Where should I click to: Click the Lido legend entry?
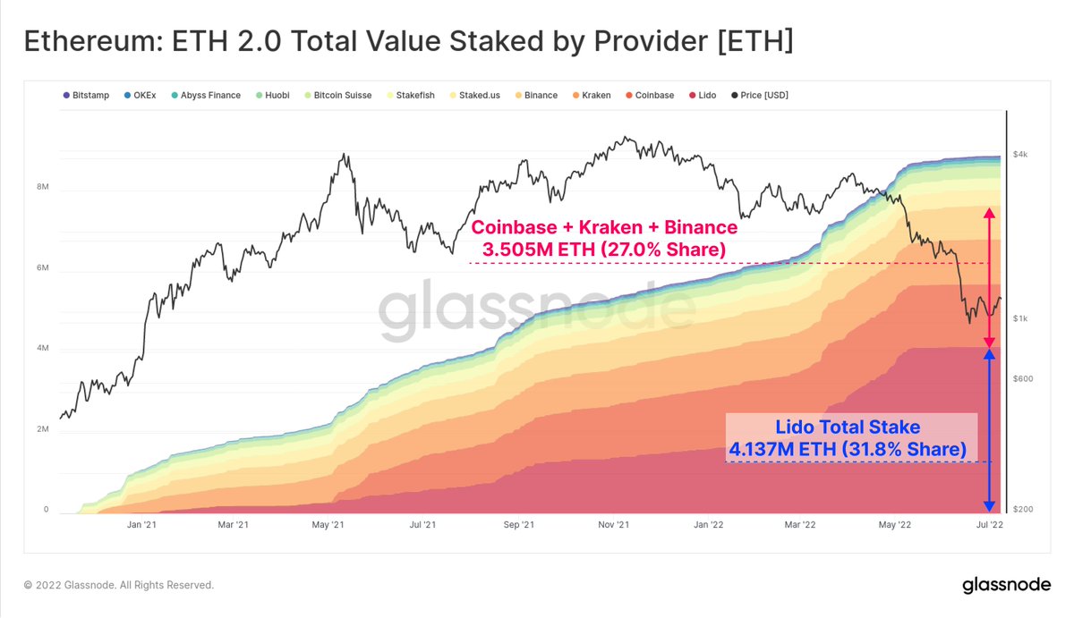(x=707, y=95)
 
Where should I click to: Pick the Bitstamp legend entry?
(x=87, y=95)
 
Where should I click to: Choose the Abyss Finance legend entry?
(x=206, y=95)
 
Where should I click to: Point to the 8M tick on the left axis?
(x=42, y=188)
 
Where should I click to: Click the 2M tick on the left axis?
(x=42, y=429)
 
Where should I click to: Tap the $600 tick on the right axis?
(x=1022, y=379)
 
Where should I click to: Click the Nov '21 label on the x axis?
(x=614, y=526)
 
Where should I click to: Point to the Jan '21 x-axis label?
(x=143, y=526)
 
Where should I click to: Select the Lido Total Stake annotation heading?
(x=847, y=428)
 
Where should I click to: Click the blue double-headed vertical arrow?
(x=989, y=430)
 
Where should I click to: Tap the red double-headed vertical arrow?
(x=989, y=278)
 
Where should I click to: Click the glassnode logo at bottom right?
(x=1007, y=586)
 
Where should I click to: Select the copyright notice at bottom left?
(x=119, y=585)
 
